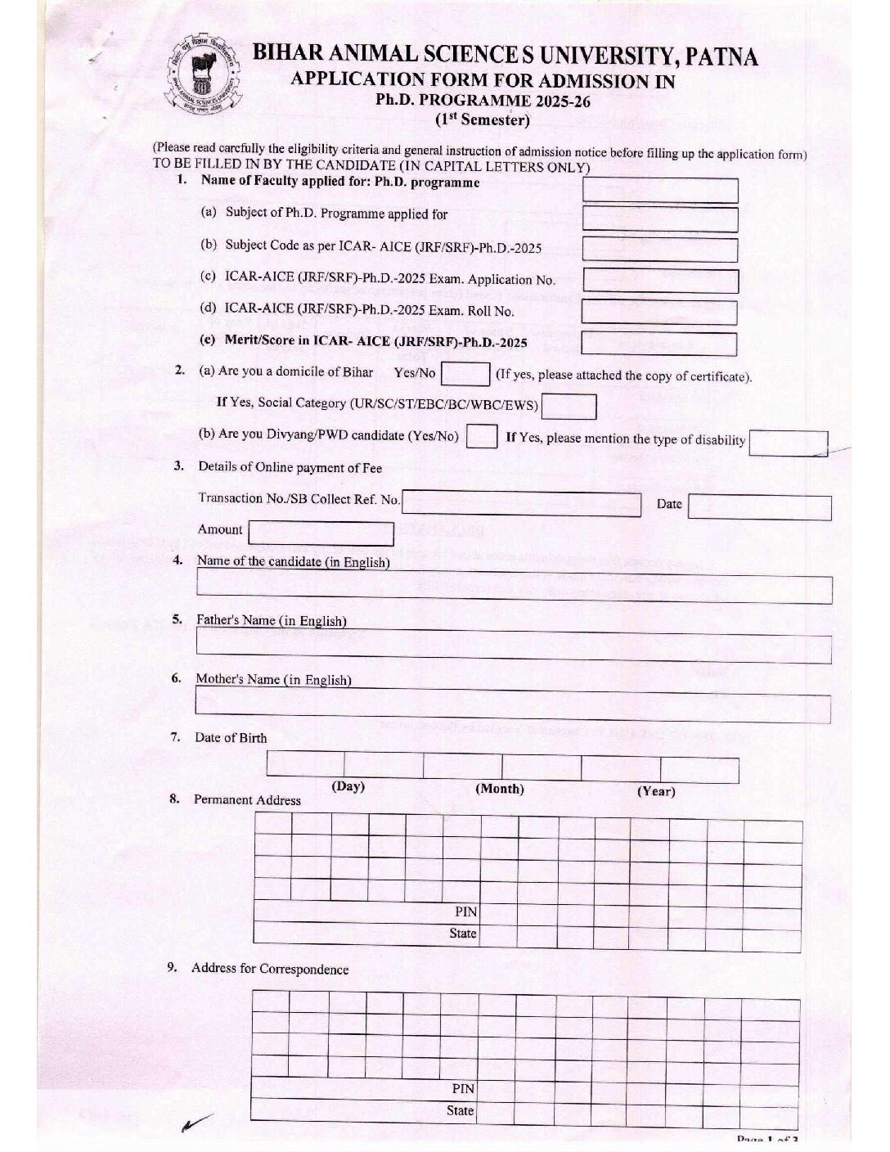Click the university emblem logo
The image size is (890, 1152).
coord(204,81)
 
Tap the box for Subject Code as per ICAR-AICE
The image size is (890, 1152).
coord(659,250)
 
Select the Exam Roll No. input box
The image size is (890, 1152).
coord(659,313)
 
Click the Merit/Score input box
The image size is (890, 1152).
coord(659,344)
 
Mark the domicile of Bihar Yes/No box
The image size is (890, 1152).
coord(465,374)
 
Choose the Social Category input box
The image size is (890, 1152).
coord(569,407)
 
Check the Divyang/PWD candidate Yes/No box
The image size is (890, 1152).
coord(481,436)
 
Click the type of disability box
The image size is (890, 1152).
coord(788,443)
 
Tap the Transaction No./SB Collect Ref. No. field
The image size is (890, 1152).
coord(521,503)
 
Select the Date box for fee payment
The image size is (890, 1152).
coord(759,507)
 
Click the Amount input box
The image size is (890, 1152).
coord(321,533)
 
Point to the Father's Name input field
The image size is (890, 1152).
coord(514,649)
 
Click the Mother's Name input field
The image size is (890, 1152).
coord(513,709)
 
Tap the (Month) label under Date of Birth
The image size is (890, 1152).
coord(499,790)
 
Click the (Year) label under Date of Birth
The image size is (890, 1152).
coord(656,792)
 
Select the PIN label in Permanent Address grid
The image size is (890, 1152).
coord(465,911)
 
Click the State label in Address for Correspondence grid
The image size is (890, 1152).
coord(460,1111)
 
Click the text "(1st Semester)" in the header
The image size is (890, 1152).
coord(482,120)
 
